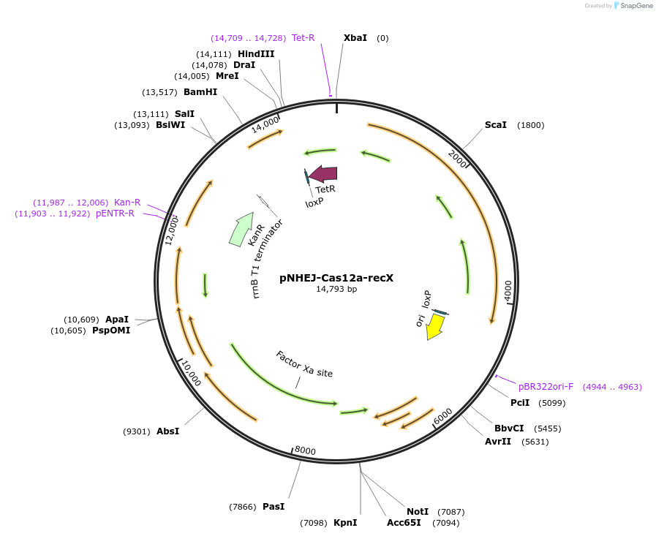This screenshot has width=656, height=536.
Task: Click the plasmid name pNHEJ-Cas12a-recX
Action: [336, 278]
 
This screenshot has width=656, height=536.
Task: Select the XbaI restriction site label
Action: [355, 38]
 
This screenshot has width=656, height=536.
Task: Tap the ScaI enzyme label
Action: [495, 125]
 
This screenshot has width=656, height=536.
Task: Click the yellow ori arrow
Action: [435, 326]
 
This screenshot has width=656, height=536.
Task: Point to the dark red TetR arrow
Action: [323, 173]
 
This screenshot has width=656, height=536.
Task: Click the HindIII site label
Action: [256, 54]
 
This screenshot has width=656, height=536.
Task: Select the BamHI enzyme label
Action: [200, 92]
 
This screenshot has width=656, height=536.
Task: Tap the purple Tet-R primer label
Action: [303, 38]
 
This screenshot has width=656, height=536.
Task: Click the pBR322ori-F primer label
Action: [546, 387]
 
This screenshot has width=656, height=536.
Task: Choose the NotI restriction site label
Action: [418, 512]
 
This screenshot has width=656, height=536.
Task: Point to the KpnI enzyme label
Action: [345, 523]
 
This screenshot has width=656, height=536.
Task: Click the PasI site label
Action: [274, 507]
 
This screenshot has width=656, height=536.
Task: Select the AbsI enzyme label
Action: [167, 431]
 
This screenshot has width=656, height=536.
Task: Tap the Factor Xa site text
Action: [304, 364]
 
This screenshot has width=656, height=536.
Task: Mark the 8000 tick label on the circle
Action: [305, 451]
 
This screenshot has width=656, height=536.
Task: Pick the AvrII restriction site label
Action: [497, 442]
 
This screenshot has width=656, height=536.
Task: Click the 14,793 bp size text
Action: [336, 290]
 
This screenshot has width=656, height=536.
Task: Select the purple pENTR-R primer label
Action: [115, 214]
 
